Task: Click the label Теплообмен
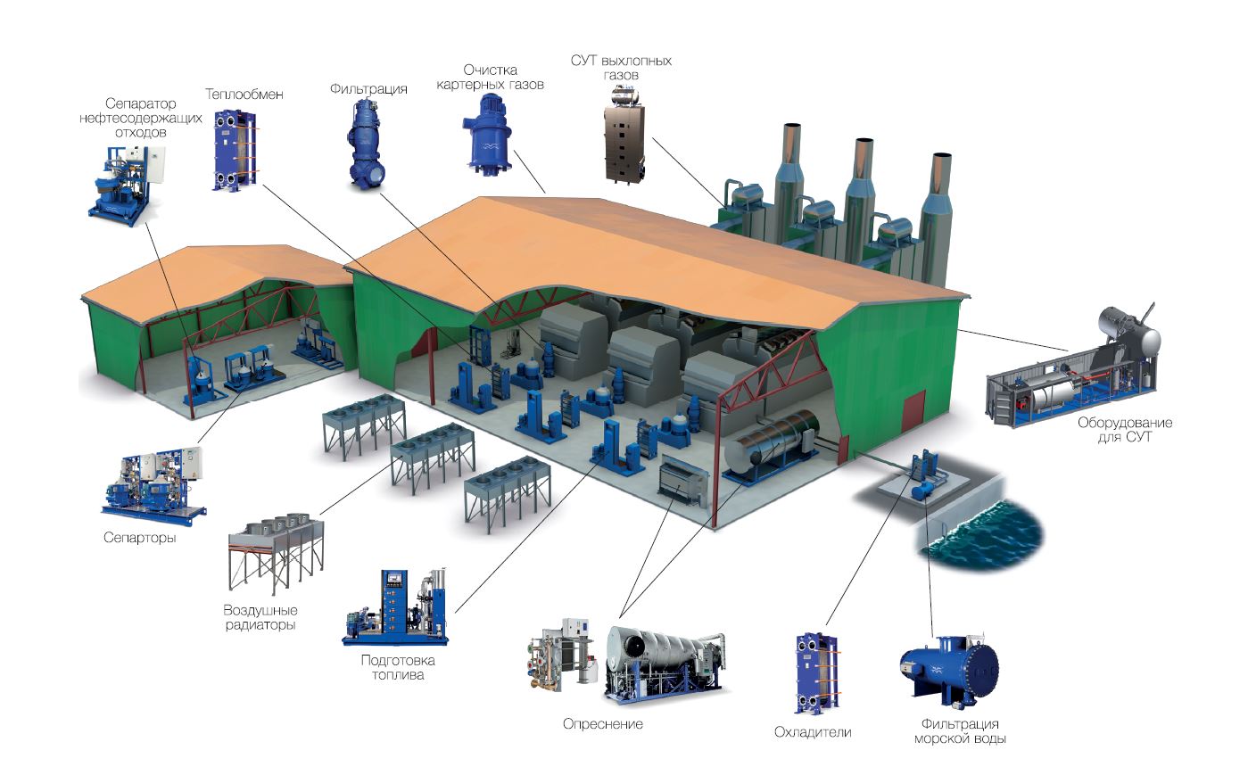[x=244, y=95]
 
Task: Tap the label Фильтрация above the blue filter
[x=368, y=89]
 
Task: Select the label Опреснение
[x=603, y=724]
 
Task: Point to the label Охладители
[x=813, y=732]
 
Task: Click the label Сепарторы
[x=140, y=538]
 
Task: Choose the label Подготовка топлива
[x=398, y=667]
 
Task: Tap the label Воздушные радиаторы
[x=260, y=617]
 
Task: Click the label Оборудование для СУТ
[x=1124, y=430]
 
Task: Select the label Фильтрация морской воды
[x=960, y=731]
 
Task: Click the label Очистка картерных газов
[x=490, y=78]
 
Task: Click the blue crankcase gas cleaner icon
[x=487, y=134]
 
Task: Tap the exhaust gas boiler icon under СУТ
[x=624, y=136]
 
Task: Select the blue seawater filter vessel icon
[x=948, y=672]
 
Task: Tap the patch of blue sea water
[x=982, y=533]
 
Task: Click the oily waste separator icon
[x=127, y=186]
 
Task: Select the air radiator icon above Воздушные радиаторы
[x=276, y=553]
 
